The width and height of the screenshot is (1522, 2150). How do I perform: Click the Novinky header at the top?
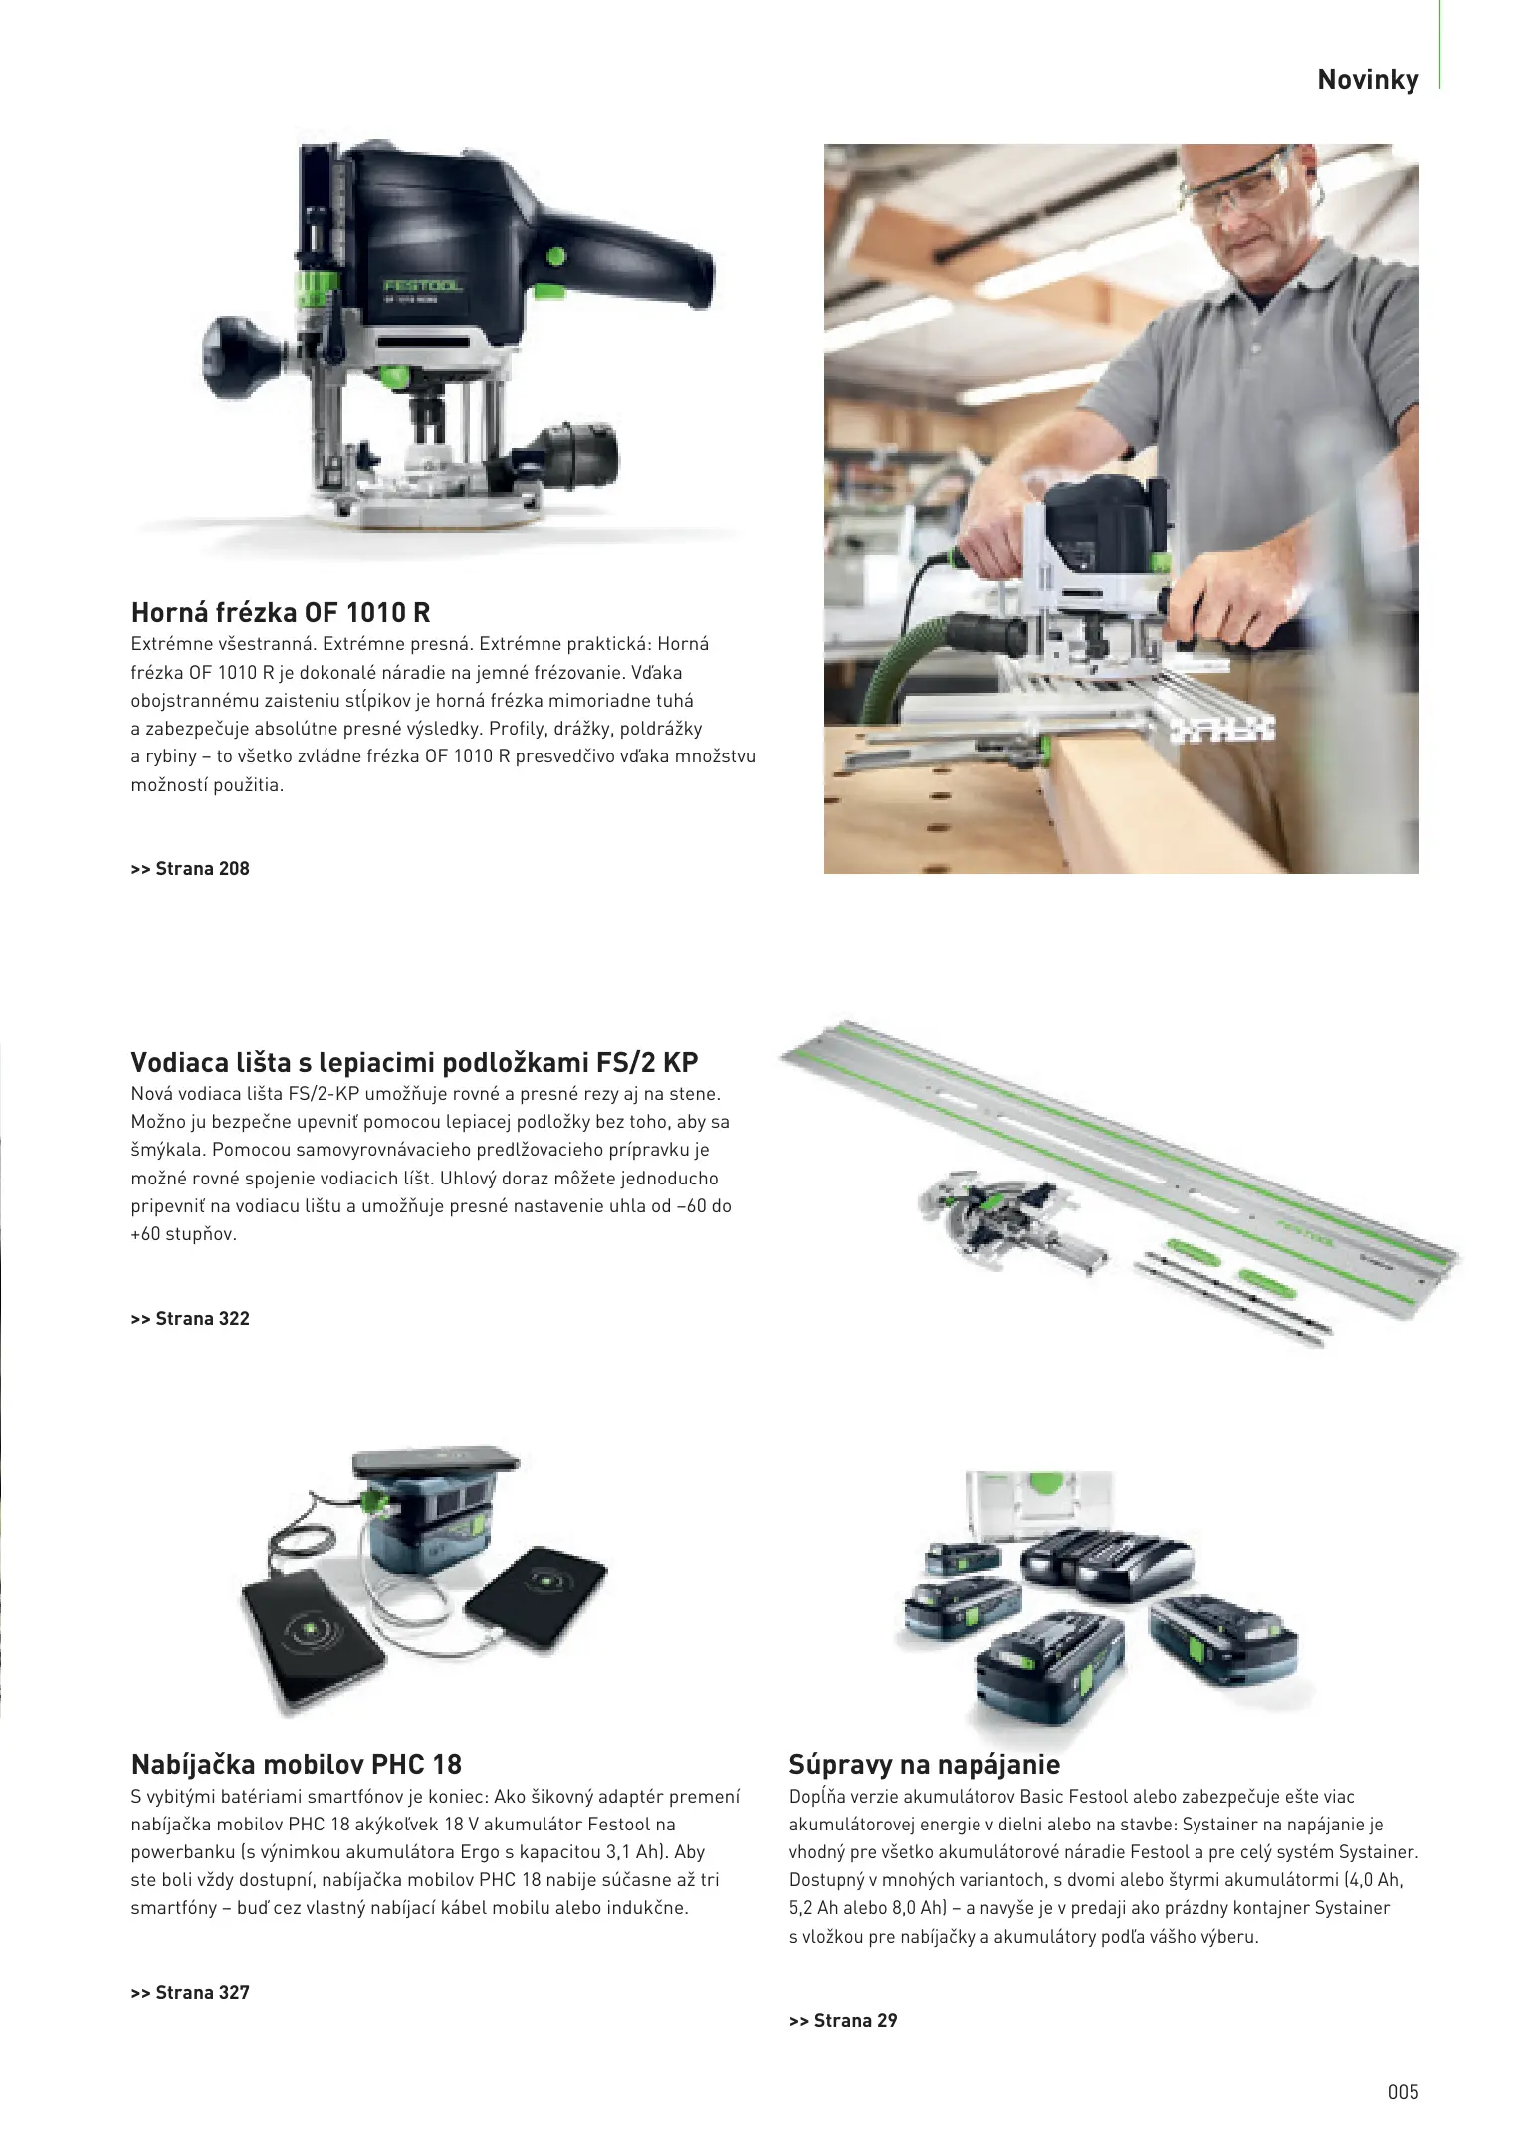(x=1368, y=80)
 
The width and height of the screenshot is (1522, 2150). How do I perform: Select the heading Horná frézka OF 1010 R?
(x=281, y=612)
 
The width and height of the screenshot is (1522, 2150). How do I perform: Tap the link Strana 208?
(x=190, y=869)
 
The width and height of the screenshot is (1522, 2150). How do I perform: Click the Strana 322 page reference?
(x=190, y=1319)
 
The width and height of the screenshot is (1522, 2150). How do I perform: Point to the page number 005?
(x=1404, y=2092)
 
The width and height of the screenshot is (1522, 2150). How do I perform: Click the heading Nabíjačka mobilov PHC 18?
(x=297, y=1765)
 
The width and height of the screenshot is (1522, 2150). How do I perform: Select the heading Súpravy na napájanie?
(x=925, y=1765)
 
